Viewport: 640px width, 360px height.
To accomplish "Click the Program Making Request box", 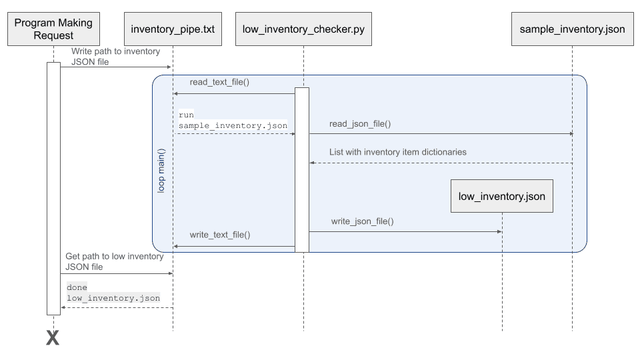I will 53,29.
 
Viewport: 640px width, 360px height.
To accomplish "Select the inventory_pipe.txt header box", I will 173,29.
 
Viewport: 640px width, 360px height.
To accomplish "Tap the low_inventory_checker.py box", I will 303,29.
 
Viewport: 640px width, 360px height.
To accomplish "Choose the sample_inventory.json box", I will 572,29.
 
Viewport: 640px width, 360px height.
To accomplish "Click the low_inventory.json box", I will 501,196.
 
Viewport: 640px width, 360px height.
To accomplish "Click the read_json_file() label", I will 359,123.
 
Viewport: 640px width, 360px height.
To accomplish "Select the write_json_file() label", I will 362,221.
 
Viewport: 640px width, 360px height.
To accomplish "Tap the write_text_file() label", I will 220,235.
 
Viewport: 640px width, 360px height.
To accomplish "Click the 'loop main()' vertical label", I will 161,171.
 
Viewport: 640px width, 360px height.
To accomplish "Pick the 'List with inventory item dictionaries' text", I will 397,152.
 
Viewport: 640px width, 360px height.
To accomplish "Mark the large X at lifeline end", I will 53,338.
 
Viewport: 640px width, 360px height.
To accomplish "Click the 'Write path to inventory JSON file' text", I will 115,57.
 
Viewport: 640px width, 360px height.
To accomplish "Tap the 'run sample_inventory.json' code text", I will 232,120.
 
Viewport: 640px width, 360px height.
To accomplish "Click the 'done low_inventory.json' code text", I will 113,293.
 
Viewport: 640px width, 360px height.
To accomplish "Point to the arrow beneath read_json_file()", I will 440,134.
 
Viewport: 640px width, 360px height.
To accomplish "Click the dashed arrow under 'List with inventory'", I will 440,163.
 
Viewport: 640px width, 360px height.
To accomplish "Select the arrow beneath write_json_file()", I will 405,231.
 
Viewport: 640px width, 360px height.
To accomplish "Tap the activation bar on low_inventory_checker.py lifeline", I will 302,170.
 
